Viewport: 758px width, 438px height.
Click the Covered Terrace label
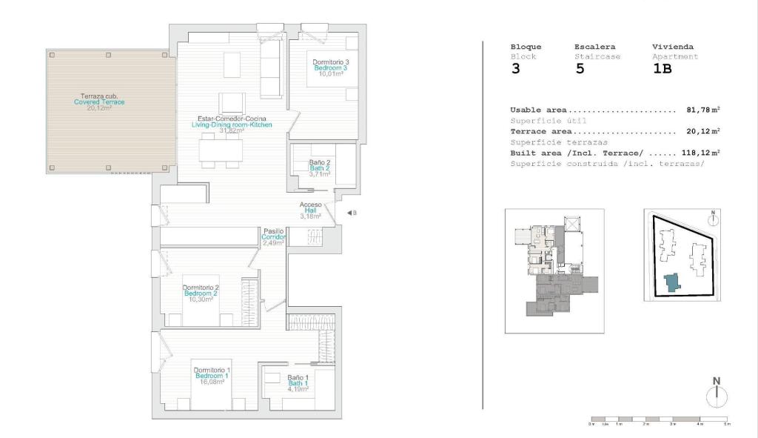pos(99,102)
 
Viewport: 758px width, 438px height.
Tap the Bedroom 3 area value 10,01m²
pos(330,74)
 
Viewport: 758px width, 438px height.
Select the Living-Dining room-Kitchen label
pos(232,125)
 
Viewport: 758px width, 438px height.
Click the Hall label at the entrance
pos(310,210)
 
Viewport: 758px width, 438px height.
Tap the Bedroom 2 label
pos(201,293)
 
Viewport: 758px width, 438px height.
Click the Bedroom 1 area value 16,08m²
pos(212,382)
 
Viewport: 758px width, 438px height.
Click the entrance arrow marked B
pos(351,213)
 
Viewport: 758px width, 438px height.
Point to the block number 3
pos(515,70)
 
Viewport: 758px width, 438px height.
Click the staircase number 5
pos(580,70)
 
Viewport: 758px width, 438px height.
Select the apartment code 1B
pos(662,70)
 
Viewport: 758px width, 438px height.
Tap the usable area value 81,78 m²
pos(698,110)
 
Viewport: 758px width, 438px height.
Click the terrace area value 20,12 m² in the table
pos(698,131)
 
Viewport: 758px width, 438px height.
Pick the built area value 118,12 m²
pos(696,153)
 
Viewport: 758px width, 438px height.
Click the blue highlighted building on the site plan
pos(671,282)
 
